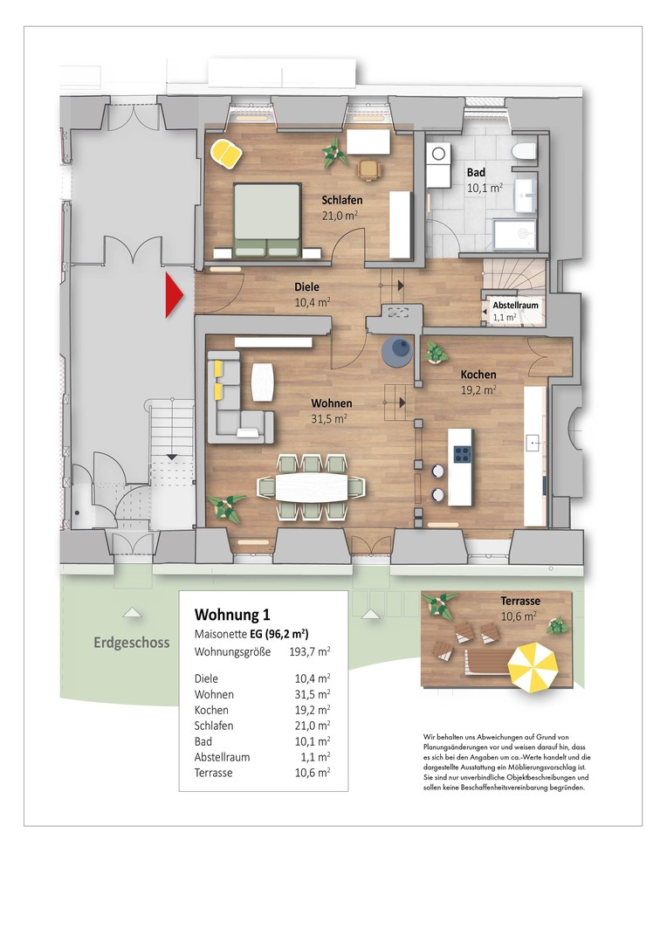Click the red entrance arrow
[173, 295]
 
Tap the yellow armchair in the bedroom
[227, 154]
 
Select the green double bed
[267, 220]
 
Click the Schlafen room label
[341, 200]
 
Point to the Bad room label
[476, 173]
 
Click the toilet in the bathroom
[523, 152]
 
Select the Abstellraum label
[515, 305]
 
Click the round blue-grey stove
[397, 351]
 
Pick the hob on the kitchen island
[462, 453]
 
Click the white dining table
[312, 487]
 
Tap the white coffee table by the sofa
[262, 382]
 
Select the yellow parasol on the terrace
[533, 666]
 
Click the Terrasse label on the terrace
[520, 601]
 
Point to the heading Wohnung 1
[232, 615]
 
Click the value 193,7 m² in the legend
[310, 651]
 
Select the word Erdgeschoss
[132, 643]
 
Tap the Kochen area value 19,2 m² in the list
[313, 710]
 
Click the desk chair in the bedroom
[369, 169]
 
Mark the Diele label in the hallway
[306, 287]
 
